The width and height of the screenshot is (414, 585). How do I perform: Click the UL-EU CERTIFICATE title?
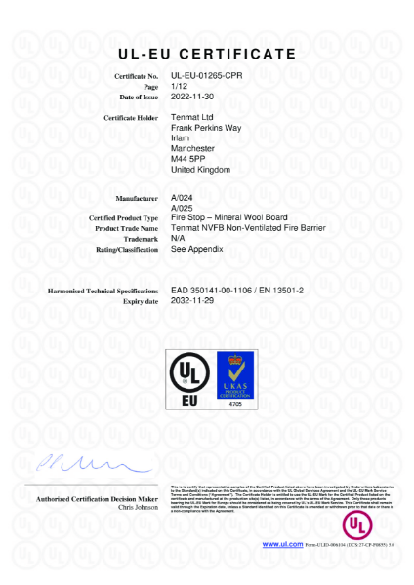[207, 52]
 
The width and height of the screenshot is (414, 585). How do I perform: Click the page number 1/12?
[179, 87]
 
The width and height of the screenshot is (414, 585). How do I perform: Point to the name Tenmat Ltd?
[192, 117]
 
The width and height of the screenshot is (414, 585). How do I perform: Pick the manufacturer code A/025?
[182, 208]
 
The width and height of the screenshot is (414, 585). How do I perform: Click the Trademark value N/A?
[179, 239]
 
